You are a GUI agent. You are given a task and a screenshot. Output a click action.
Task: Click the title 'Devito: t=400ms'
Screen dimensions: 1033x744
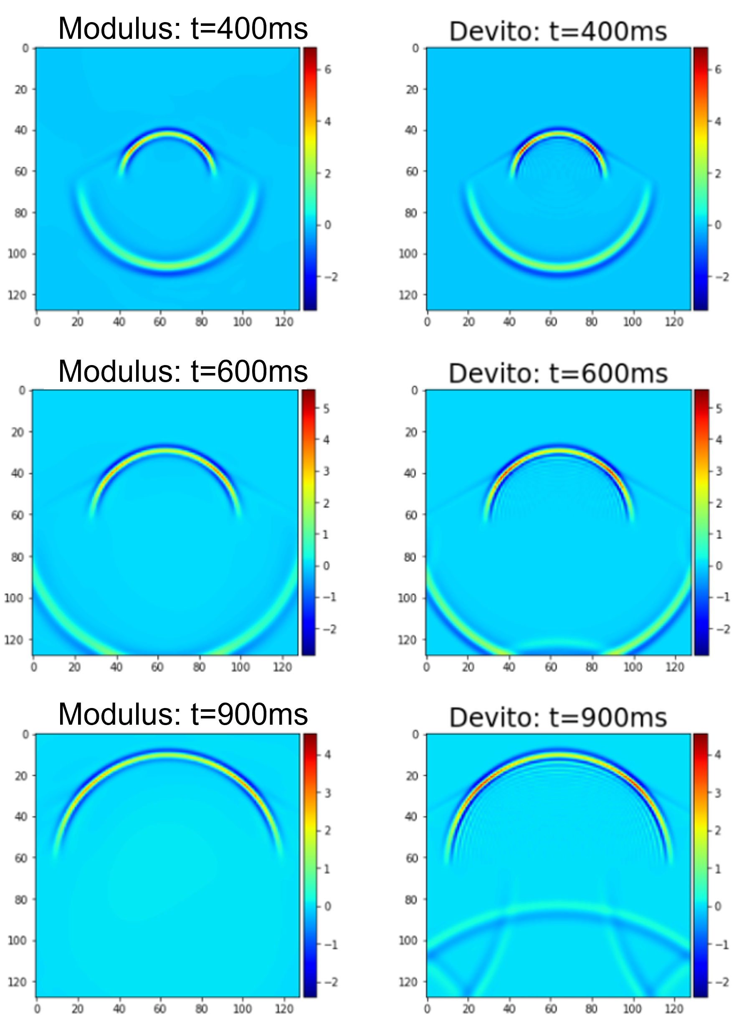coord(558,31)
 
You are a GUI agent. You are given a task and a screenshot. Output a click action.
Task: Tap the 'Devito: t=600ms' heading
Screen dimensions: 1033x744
coord(558,373)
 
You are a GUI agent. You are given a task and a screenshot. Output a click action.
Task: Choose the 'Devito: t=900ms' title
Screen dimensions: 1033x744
coord(558,717)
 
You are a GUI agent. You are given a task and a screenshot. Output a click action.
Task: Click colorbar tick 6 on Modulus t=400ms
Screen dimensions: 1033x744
coord(328,70)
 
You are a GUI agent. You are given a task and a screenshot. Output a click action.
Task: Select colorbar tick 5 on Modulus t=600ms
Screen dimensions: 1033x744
coord(326,409)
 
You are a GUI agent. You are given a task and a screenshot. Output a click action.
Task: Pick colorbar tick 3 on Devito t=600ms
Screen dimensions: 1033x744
coord(719,471)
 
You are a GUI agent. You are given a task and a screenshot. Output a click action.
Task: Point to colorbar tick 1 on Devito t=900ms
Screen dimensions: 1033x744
coord(718,869)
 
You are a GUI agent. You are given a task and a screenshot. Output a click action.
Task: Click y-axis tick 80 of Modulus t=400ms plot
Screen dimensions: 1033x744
coord(21,213)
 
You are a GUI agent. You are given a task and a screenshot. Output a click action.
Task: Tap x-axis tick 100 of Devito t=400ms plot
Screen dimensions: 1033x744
coord(632,322)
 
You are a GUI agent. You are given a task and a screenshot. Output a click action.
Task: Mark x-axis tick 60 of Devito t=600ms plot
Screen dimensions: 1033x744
coord(551,667)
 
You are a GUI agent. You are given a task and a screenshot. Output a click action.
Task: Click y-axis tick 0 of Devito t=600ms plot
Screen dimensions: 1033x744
coord(415,391)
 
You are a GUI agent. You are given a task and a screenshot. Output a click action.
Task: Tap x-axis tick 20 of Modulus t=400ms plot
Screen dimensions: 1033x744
coord(78,322)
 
